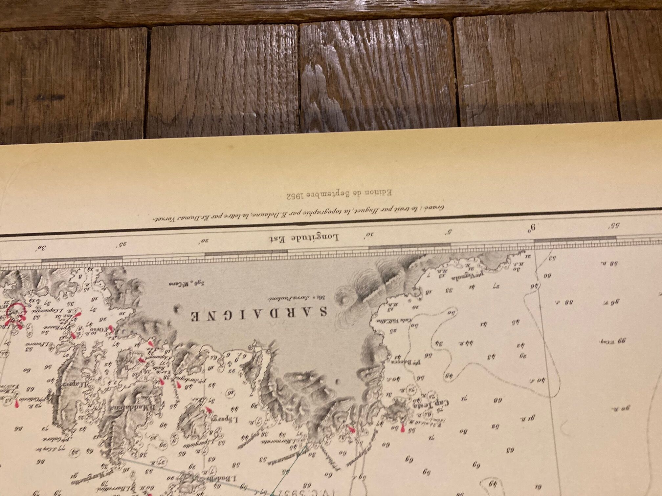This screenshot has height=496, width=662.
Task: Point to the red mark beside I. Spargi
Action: [208, 409]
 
